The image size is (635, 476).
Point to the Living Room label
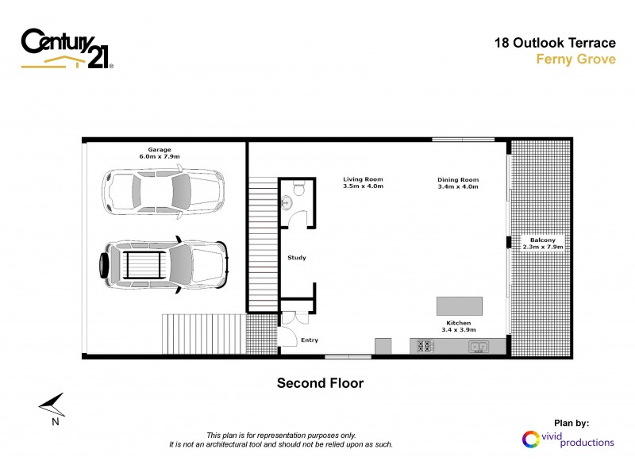(363, 182)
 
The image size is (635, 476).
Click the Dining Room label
(458, 183)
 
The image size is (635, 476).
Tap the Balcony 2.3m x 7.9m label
(544, 244)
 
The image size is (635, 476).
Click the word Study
(296, 258)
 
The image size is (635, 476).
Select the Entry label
(309, 340)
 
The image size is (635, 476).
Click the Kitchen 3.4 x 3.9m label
(458, 327)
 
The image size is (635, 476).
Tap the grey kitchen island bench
(459, 306)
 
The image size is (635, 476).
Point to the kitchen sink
(478, 346)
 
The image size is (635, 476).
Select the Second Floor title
(319, 383)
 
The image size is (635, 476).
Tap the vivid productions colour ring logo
(529, 438)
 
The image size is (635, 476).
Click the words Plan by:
(571, 424)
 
